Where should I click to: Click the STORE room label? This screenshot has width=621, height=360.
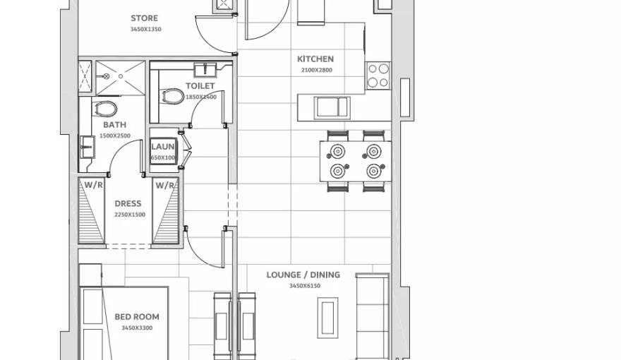tap(144, 18)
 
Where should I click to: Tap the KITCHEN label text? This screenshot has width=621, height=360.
tap(315, 59)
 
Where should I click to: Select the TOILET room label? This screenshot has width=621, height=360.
tap(200, 86)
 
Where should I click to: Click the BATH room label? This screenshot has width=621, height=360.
tap(114, 125)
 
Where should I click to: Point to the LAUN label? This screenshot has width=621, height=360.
tap(163, 148)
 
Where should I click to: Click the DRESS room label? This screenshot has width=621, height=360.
tap(128, 204)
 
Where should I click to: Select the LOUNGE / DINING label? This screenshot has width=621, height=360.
tap(303, 275)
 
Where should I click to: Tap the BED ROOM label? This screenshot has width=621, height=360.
tap(137, 318)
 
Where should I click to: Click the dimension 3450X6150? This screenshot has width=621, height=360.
tap(304, 286)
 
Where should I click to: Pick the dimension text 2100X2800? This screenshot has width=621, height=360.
tap(315, 70)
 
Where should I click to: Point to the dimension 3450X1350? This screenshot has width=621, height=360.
tap(145, 29)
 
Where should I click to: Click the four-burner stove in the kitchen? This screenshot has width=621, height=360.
tap(378, 76)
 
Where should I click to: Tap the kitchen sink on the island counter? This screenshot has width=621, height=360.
tap(332, 107)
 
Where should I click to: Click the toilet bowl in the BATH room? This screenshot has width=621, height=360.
tap(106, 109)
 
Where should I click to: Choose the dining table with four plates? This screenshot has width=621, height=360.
tap(356, 161)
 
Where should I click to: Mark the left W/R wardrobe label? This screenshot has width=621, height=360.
tap(94, 186)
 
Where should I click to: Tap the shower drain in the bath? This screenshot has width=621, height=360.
tap(121, 74)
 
